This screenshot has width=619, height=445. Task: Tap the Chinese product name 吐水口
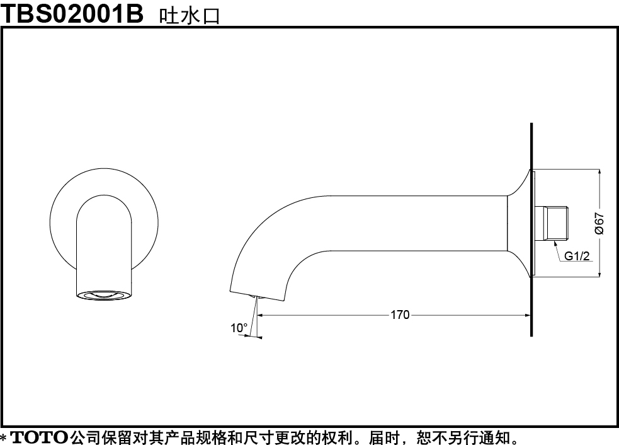tap(189, 16)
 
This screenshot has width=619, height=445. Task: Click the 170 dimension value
tap(400, 315)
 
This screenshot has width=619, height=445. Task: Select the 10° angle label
tap(239, 328)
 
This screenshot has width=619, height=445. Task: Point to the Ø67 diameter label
tap(599, 224)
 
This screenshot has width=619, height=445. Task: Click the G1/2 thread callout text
tap(577, 256)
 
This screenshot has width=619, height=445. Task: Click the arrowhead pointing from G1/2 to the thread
tap(555, 244)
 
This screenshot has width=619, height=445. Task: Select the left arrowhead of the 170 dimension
tap(261, 315)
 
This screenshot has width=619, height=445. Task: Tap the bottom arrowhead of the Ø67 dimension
tap(599, 273)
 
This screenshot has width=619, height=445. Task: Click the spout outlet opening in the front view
tap(104, 295)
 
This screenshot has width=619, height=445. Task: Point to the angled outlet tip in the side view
tap(256, 296)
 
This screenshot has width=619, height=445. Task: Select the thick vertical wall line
tap(531, 229)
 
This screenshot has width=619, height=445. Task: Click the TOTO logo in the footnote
tap(38, 437)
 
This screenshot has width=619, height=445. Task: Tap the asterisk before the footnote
tap(4, 438)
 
